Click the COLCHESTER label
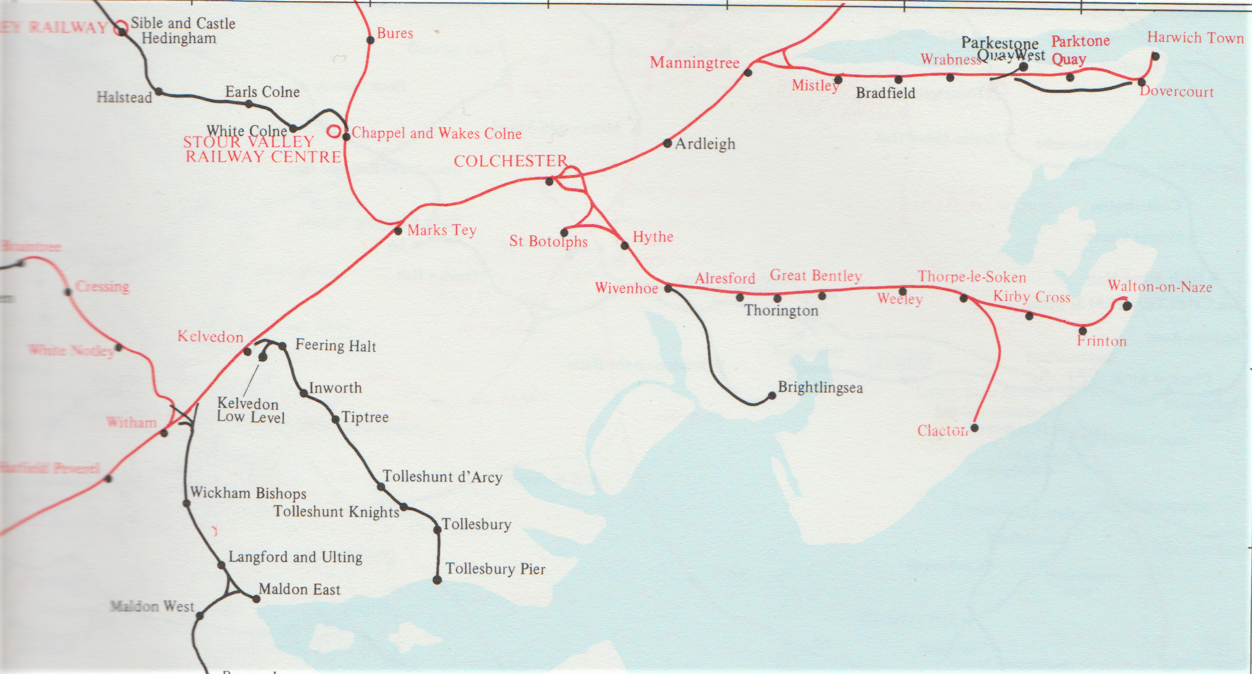click(510, 161)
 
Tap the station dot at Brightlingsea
click(772, 396)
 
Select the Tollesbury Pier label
click(495, 569)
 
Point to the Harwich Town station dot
click(1155, 57)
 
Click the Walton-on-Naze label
click(1160, 287)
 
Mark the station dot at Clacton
click(975, 427)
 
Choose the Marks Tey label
click(442, 230)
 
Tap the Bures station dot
click(370, 40)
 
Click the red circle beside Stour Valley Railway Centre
click(334, 131)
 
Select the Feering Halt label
click(335, 345)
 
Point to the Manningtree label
click(694, 63)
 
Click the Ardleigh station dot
click(667, 143)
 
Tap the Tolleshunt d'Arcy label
click(442, 477)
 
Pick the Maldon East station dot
click(256, 599)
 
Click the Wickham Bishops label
click(248, 493)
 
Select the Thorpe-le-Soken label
click(972, 277)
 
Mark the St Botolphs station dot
click(564, 232)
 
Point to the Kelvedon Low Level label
click(250, 410)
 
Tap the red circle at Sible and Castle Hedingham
click(121, 27)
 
